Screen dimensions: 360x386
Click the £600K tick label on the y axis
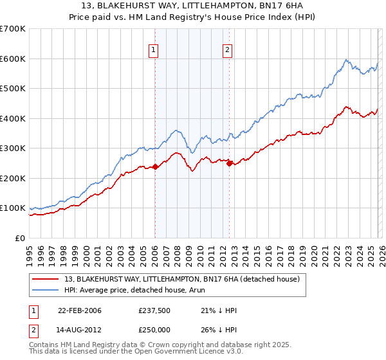point(13,59)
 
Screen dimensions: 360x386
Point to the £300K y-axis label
point(13,148)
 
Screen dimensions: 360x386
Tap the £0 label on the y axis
point(20,238)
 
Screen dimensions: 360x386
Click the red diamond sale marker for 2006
point(155,167)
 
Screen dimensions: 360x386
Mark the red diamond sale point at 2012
point(229,163)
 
